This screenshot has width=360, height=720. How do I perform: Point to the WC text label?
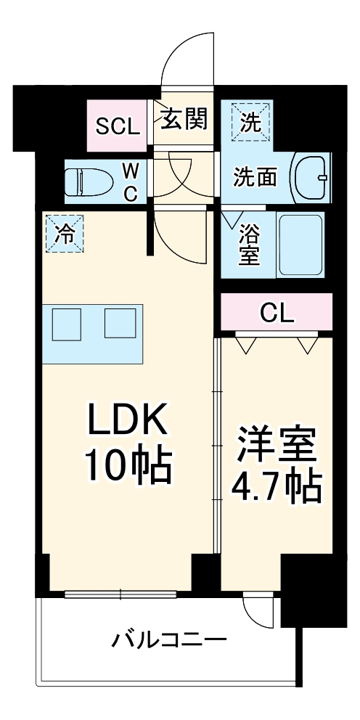click(130, 181)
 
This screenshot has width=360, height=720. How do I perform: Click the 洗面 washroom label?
click(254, 177)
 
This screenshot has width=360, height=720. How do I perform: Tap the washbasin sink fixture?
click(310, 177)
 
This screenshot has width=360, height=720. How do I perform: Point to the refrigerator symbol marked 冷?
click(65, 234)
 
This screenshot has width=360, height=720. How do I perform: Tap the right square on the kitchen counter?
click(120, 323)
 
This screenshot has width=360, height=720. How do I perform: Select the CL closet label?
click(277, 314)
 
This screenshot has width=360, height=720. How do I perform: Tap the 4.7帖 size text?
click(277, 488)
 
